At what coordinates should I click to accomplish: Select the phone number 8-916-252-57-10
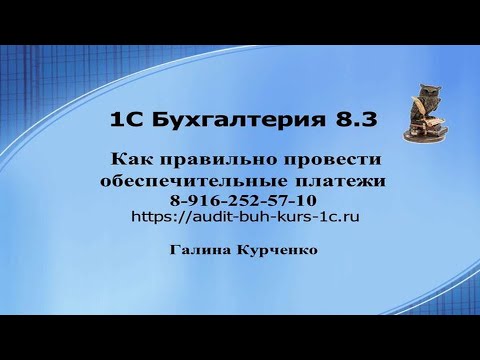pos(240,199)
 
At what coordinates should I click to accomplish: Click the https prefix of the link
pos(149,215)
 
